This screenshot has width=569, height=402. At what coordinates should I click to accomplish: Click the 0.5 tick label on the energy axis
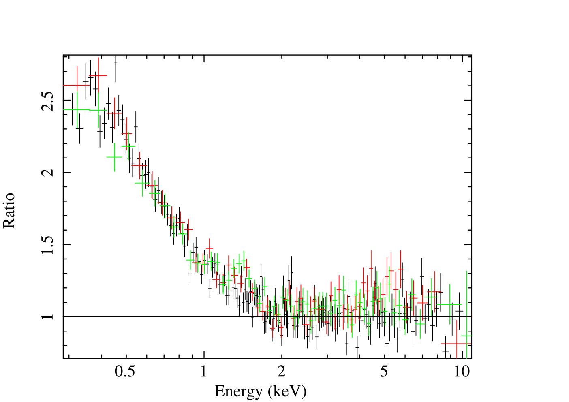(125, 372)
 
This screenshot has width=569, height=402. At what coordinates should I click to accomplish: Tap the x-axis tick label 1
(203, 372)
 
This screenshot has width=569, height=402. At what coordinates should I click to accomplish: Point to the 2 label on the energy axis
(281, 372)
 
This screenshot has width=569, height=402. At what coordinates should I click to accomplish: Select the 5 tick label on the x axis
(384, 372)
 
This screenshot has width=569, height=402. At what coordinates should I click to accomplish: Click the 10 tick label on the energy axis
(462, 372)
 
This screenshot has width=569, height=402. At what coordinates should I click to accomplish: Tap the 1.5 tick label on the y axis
(47, 245)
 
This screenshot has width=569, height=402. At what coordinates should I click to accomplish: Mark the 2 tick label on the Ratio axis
(48, 173)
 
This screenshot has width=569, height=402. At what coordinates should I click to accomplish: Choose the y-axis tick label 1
(48, 316)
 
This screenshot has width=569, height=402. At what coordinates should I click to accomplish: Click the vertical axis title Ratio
(9, 210)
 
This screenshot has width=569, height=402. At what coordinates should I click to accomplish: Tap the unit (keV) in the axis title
(287, 391)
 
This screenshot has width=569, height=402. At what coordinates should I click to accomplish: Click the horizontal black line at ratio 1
(267, 316)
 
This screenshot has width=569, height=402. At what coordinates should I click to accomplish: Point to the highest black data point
(116, 62)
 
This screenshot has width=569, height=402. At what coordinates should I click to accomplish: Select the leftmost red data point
(77, 85)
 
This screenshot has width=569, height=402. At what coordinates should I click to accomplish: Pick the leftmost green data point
(77, 110)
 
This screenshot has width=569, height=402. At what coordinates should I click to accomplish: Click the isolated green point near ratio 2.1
(114, 157)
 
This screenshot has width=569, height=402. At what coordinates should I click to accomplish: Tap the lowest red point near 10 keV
(457, 344)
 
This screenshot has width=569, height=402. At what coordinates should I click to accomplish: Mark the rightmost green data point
(466, 336)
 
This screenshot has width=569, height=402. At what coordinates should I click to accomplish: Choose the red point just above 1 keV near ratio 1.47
(209, 248)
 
